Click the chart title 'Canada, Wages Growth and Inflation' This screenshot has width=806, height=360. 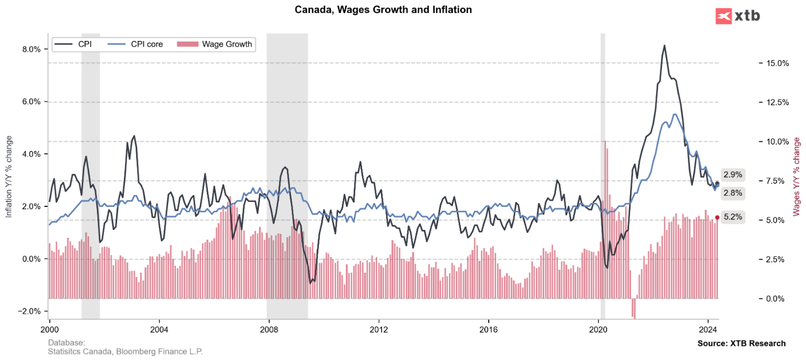pos(383,10)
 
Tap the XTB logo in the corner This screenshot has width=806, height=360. pos(738,16)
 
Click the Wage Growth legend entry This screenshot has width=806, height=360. pos(216,44)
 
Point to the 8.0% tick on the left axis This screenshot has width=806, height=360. pos(31,49)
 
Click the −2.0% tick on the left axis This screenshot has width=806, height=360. pos(29,311)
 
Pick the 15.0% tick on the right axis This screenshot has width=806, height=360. pos(777,63)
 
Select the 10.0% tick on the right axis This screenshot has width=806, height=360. pos(777,142)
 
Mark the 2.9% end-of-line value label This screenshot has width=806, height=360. pos(733,174)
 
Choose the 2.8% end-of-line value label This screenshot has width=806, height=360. pos(733,193)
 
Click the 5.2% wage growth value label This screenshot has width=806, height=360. pos(733,216)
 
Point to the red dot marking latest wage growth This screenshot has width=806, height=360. pos(717,218)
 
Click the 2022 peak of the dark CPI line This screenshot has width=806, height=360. pos(664,46)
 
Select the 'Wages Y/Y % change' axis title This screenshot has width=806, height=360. pos(796,177)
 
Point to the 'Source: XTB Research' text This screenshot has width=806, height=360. pos(741,343)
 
